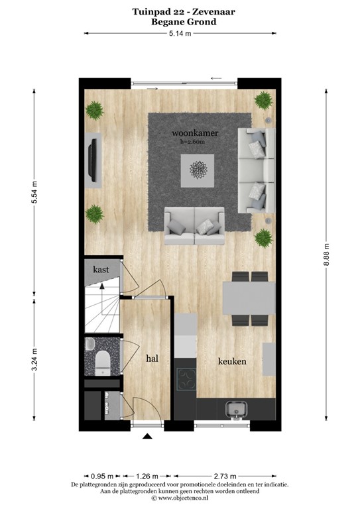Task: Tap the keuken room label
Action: [232, 361]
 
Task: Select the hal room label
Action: [152, 359]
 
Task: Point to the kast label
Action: [101, 270]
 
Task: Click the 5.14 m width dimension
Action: [180, 33]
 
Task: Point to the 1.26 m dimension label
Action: [148, 476]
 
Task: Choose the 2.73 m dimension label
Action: [225, 476]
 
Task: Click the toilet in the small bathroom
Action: [103, 362]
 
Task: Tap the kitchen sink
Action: [235, 410]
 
